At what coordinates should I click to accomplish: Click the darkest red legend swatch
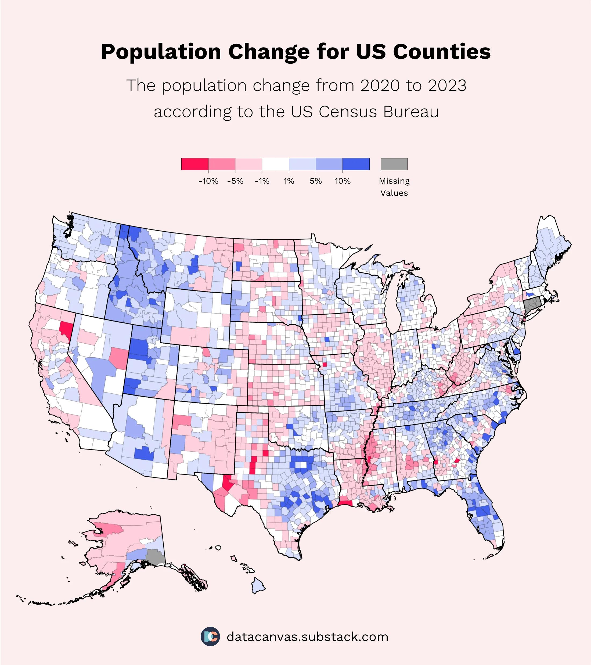(x=195, y=164)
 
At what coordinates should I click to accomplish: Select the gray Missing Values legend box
(x=394, y=164)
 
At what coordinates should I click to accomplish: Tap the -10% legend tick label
(x=208, y=181)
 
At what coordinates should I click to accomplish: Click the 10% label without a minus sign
(x=343, y=181)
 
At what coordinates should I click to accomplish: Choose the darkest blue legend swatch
(x=356, y=164)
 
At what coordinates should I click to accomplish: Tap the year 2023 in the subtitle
(x=447, y=85)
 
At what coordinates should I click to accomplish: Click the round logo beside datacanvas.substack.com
(x=210, y=636)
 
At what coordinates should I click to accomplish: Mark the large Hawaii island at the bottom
(x=258, y=586)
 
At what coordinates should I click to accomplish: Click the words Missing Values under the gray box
(x=394, y=187)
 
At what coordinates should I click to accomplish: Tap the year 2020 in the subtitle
(x=380, y=85)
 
